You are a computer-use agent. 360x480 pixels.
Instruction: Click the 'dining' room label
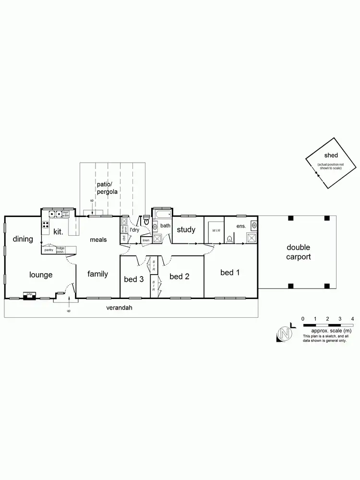point(23,239)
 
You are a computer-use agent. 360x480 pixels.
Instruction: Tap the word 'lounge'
point(41,275)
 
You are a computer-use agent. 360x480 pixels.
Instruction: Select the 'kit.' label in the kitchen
point(59,231)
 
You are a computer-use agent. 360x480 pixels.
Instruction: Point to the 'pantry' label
point(48,250)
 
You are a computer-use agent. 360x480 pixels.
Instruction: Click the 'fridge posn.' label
point(60,250)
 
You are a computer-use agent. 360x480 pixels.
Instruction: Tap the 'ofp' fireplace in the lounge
point(29,295)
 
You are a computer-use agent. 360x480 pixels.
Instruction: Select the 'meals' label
point(98,240)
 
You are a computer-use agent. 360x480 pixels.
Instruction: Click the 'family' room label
point(97,274)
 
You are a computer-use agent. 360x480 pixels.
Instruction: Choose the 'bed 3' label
point(134,279)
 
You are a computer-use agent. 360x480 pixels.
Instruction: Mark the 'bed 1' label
point(230,273)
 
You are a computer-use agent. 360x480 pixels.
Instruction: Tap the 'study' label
point(186,229)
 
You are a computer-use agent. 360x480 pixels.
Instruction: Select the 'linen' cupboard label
point(145,240)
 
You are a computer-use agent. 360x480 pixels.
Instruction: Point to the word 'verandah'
point(119,308)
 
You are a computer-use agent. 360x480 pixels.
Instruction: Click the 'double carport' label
point(299,252)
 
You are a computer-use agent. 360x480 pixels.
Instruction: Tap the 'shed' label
point(331,155)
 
